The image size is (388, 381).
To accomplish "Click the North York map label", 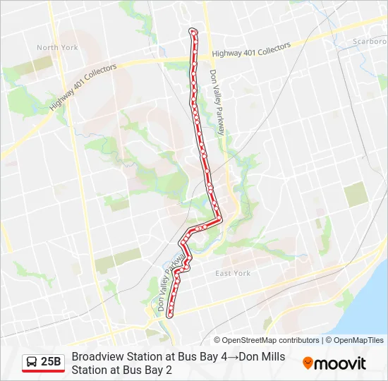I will (x=57, y=48).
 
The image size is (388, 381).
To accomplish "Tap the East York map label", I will (x=233, y=274).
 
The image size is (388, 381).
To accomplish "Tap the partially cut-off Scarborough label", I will (x=370, y=41).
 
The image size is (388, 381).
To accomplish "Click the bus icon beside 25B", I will (x=32, y=362).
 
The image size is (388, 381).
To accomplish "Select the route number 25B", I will (x=51, y=362).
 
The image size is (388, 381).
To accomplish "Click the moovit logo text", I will (x=341, y=363).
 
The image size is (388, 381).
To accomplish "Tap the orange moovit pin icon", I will (x=308, y=363).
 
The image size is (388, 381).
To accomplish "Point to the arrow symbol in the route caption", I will (x=232, y=357).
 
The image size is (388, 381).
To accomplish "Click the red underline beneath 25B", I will (x=43, y=371).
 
